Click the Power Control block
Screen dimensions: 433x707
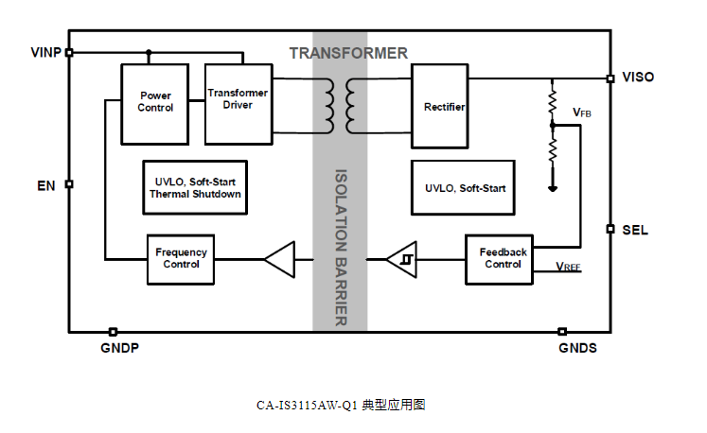pyautogui.click(x=156, y=102)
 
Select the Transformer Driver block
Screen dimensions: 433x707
pyautogui.click(x=238, y=99)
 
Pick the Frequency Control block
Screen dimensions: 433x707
pyautogui.click(x=182, y=258)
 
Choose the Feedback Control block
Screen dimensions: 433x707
pyautogui.click(x=503, y=258)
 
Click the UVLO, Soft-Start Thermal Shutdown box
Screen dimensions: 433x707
pyautogui.click(x=196, y=187)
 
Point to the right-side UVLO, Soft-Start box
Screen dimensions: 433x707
pyautogui.click(x=465, y=188)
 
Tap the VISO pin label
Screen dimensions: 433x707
pyautogui.click(x=638, y=77)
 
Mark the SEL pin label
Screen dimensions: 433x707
pyautogui.click(x=635, y=230)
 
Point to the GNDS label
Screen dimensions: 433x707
pyautogui.click(x=577, y=348)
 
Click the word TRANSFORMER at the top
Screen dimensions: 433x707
pyautogui.click(x=348, y=53)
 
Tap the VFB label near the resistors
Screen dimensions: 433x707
pyautogui.click(x=582, y=113)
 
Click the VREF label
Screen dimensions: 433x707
pyautogui.click(x=568, y=268)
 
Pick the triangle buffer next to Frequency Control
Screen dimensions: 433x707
pyautogui.click(x=278, y=259)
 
